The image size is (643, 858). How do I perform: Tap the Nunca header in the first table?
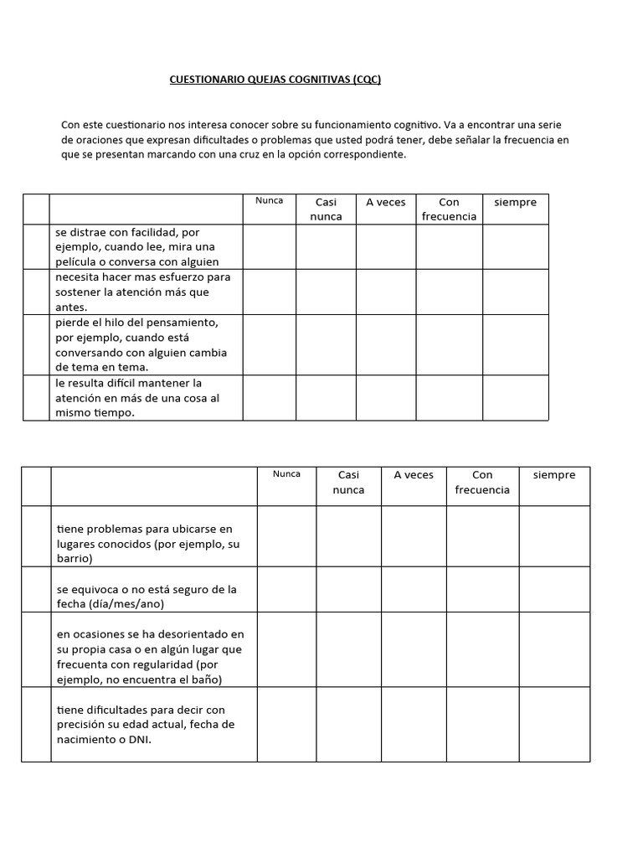(x=269, y=200)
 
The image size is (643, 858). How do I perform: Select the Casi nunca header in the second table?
(x=348, y=482)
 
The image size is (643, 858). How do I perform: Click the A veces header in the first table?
(x=386, y=202)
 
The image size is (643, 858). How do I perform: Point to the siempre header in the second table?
(x=554, y=475)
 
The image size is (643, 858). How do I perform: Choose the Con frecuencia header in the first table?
(x=450, y=209)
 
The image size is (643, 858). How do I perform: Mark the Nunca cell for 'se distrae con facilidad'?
(x=269, y=246)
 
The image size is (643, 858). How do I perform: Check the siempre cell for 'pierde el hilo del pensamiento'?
(x=516, y=344)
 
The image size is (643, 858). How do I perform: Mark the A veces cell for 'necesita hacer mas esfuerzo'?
(x=386, y=292)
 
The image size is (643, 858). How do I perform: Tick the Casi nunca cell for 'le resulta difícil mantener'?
(x=326, y=397)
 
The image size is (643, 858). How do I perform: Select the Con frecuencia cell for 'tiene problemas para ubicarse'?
(x=482, y=536)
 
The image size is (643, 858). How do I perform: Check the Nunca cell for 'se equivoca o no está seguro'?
(x=286, y=589)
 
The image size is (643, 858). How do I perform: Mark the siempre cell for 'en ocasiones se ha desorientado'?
(x=554, y=649)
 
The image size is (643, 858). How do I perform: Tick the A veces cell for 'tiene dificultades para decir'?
(x=414, y=724)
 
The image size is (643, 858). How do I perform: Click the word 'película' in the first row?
(x=75, y=261)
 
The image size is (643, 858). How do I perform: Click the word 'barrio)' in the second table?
(x=75, y=558)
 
